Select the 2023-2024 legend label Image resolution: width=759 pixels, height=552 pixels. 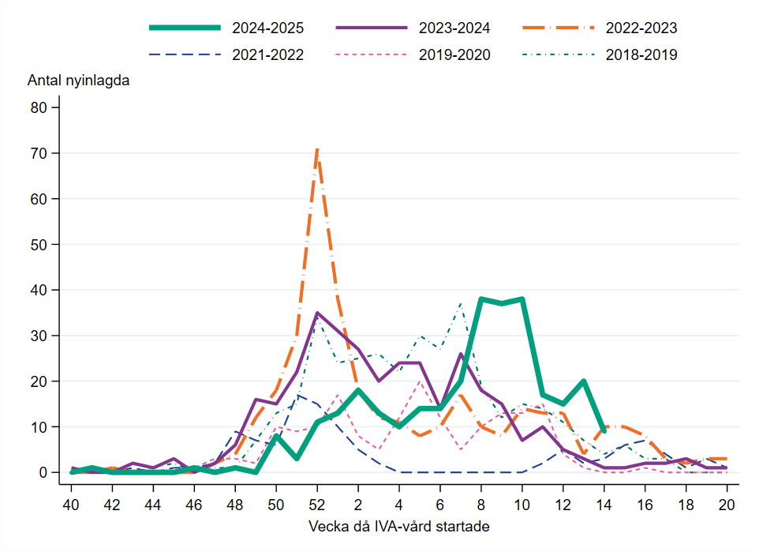click(454, 28)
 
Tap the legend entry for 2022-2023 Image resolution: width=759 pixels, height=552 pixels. click(641, 28)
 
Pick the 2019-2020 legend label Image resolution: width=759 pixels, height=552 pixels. click(454, 54)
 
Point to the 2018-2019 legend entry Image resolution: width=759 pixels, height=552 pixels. click(641, 54)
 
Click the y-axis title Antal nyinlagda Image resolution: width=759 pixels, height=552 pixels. click(79, 81)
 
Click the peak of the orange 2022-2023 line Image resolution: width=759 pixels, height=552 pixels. click(317, 148)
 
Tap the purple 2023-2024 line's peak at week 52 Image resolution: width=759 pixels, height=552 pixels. click(317, 313)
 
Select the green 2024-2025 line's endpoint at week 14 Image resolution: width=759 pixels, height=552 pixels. click(604, 431)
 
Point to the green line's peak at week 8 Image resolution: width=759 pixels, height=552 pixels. click(480, 299)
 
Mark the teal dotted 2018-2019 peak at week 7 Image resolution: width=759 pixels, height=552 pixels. click(461, 303)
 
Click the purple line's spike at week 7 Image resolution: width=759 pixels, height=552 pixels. click(461, 354)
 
